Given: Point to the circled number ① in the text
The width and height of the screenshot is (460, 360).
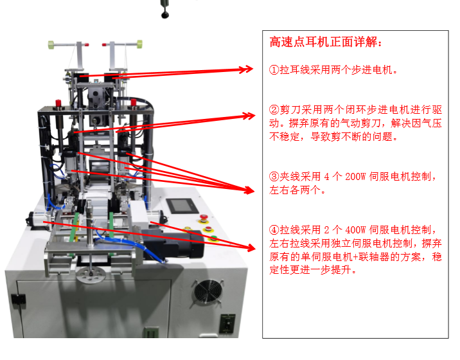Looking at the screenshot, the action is click(x=274, y=70).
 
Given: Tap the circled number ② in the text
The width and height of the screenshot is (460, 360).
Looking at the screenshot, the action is click(x=274, y=110).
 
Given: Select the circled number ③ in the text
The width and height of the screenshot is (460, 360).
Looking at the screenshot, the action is click(x=274, y=177).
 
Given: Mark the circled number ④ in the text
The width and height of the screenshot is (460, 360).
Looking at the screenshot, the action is click(x=274, y=230).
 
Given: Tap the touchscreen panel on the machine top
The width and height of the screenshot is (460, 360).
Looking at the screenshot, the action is click(x=182, y=206).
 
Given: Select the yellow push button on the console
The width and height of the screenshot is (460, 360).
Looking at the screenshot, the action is click(x=186, y=229).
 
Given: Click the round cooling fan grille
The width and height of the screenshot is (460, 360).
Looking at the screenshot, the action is click(x=207, y=291).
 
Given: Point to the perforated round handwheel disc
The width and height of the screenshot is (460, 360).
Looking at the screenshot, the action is click(x=91, y=275).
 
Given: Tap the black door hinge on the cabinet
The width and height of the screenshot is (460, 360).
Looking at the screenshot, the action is click(x=19, y=300).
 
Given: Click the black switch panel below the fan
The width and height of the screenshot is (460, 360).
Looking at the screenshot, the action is click(x=227, y=323).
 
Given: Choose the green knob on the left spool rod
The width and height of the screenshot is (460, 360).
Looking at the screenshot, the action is click(x=51, y=45).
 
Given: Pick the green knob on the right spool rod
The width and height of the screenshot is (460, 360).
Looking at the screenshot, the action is click(x=139, y=44).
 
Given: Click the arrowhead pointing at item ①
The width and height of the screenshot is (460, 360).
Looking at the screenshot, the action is click(x=247, y=69).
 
